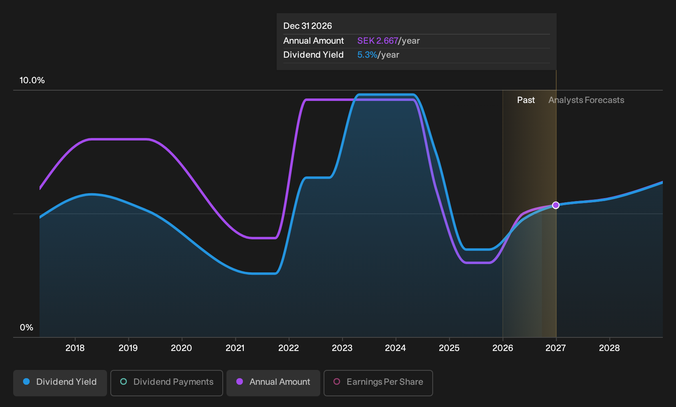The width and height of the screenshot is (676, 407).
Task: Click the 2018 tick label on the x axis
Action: [75, 348]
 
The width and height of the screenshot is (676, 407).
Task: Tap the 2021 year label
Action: [235, 348]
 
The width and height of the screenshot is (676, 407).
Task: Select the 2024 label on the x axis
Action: [395, 348]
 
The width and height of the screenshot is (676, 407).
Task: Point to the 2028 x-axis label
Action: [609, 348]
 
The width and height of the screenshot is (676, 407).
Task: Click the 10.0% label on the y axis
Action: [32, 80]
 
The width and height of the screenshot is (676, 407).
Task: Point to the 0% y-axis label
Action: [27, 327]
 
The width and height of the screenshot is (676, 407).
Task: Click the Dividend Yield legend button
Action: [60, 383]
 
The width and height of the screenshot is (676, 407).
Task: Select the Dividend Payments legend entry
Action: [167, 383]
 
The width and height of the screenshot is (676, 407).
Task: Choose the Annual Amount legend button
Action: [273, 383]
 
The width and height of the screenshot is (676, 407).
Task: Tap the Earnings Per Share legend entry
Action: [378, 383]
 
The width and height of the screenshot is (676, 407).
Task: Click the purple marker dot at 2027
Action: [556, 205]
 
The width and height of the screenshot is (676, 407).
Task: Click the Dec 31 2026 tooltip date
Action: [308, 26]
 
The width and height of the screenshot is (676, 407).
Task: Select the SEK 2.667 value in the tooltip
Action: [378, 41]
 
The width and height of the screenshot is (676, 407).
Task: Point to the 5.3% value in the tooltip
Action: [367, 55]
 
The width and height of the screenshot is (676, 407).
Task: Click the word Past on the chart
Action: [526, 100]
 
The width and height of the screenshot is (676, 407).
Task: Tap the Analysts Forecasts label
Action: [586, 100]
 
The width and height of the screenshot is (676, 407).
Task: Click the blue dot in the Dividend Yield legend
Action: [27, 381]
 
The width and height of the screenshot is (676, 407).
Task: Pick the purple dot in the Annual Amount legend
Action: [240, 381]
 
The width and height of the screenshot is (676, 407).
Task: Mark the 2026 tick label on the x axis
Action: [503, 348]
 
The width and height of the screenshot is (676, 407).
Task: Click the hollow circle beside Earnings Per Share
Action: [337, 381]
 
